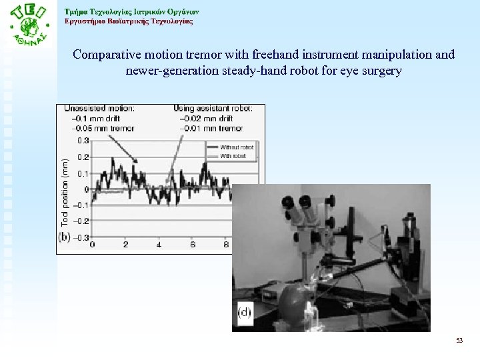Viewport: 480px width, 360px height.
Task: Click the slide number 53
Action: [x=459, y=341]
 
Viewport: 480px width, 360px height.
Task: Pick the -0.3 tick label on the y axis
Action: [x=82, y=237]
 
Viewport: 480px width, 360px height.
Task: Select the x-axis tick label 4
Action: [x=159, y=245]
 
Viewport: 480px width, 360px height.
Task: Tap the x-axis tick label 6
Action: [x=192, y=245]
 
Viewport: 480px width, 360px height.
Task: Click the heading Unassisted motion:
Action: [x=99, y=108]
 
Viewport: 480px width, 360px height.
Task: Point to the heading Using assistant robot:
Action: [x=213, y=108]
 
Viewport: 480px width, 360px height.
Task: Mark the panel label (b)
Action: [x=65, y=237]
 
